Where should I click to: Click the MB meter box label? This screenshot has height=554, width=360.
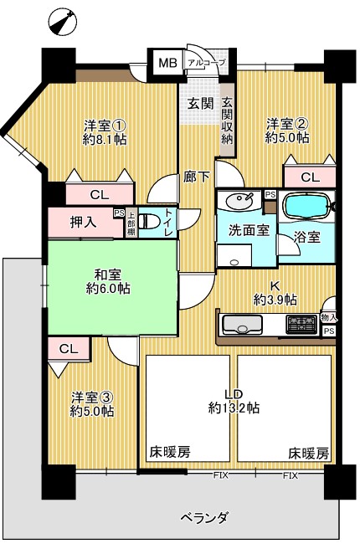[167, 64]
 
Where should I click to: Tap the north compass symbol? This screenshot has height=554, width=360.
[64, 22]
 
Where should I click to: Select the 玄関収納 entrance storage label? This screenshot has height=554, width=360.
[227, 121]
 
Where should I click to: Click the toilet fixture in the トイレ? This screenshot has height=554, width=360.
[146, 222]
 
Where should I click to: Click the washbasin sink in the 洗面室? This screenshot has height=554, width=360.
[239, 202]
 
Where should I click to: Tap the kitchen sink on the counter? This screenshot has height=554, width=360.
[243, 325]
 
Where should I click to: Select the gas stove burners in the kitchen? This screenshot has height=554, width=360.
[301, 324]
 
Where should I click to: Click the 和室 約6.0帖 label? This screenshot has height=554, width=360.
[108, 281]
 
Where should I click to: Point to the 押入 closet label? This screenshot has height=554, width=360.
[84, 223]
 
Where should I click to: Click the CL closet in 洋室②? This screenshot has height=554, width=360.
[310, 177]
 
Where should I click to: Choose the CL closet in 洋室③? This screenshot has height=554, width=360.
[69, 349]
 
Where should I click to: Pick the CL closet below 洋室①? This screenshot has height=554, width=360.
[100, 194]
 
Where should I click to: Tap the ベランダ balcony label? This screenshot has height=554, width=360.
[204, 519]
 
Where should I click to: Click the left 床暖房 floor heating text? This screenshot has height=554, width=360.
[170, 452]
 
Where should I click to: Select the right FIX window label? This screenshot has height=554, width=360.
[290, 475]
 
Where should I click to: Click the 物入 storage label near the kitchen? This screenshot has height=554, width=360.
[328, 317]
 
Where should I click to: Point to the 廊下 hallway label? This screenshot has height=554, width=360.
[197, 177]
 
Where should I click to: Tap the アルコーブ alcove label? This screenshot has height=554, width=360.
[206, 64]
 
